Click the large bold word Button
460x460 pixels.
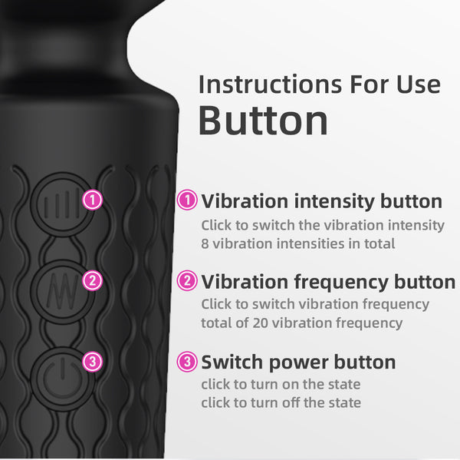263,121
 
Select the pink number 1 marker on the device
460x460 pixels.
93,201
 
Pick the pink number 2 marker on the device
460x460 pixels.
93,280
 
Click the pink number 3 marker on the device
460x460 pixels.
93,360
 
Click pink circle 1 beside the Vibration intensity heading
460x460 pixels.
187,201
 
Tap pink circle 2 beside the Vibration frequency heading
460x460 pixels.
187,280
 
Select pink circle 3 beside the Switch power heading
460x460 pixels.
187,361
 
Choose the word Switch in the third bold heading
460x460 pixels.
230,361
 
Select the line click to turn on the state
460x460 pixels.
281,383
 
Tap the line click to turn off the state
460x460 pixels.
281,402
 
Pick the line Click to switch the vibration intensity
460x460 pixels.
322,225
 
